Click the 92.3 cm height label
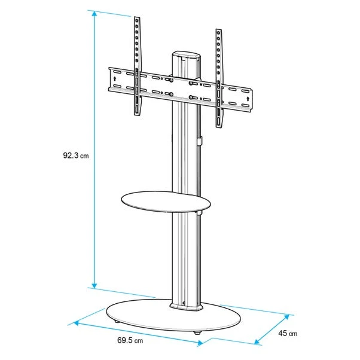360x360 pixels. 76,156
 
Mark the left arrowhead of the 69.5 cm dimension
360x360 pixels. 74,324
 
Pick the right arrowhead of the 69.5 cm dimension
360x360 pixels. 200,343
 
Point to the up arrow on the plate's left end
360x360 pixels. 113,77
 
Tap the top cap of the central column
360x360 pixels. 187,54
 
